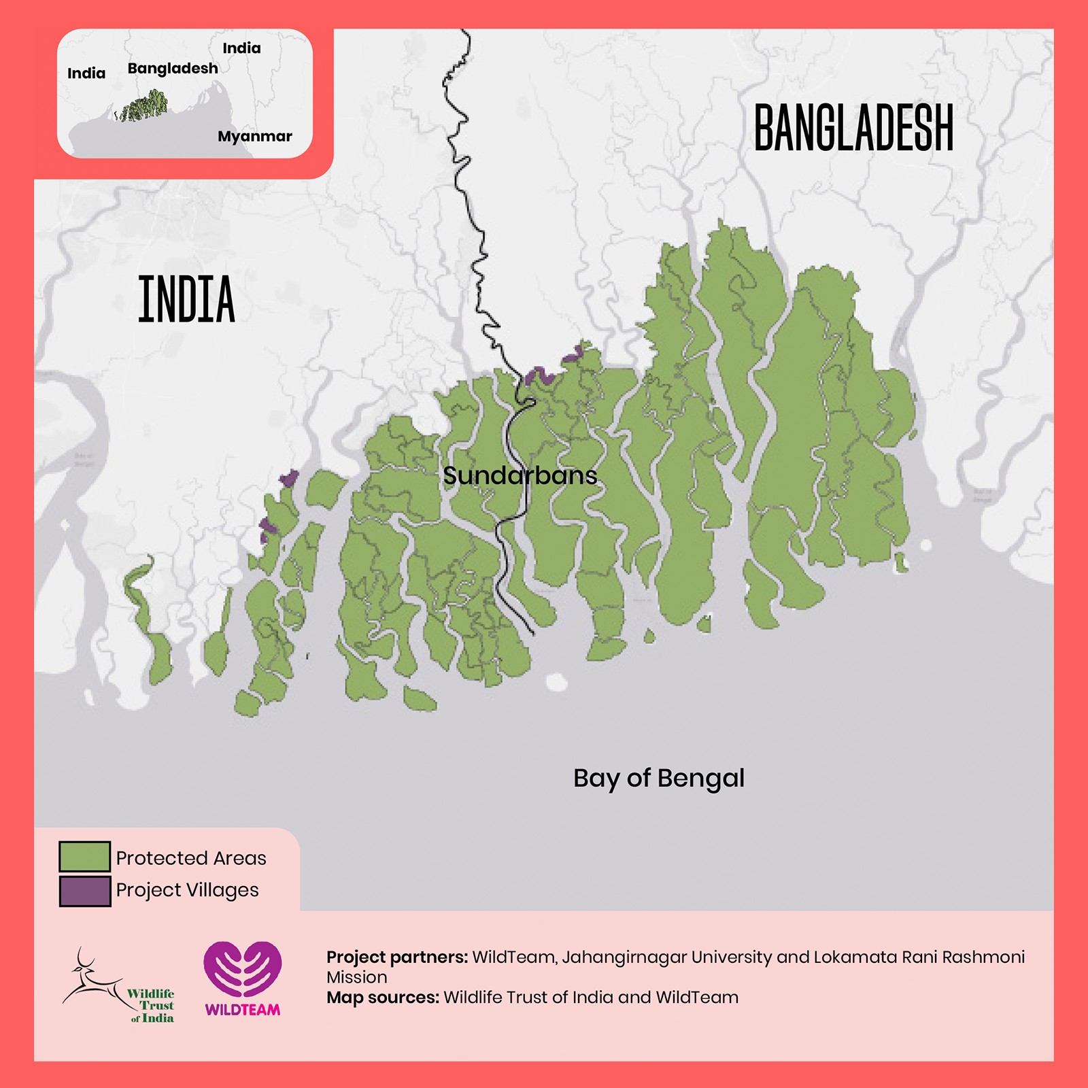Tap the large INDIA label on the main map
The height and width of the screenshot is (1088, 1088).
click(186, 299)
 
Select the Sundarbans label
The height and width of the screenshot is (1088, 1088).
click(520, 475)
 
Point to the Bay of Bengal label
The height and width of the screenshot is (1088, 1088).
click(658, 778)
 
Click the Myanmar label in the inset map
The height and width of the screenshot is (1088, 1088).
click(254, 136)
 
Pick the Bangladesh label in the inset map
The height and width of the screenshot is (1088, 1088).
click(173, 68)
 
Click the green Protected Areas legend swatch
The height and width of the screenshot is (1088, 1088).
click(84, 857)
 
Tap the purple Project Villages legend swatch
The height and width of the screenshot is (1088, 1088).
click(84, 891)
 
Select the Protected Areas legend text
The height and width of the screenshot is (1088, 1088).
click(191, 858)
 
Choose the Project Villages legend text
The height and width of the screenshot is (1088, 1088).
click(187, 890)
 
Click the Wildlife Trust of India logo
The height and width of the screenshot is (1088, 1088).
click(119, 986)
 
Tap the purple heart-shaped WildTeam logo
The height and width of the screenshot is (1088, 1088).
click(243, 969)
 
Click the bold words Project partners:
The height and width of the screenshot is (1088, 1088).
click(397, 957)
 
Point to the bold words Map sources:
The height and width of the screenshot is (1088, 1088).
click(383, 998)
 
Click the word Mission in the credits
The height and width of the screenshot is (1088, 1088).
click(357, 977)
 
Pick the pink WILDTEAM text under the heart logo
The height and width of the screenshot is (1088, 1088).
click(243, 1010)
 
